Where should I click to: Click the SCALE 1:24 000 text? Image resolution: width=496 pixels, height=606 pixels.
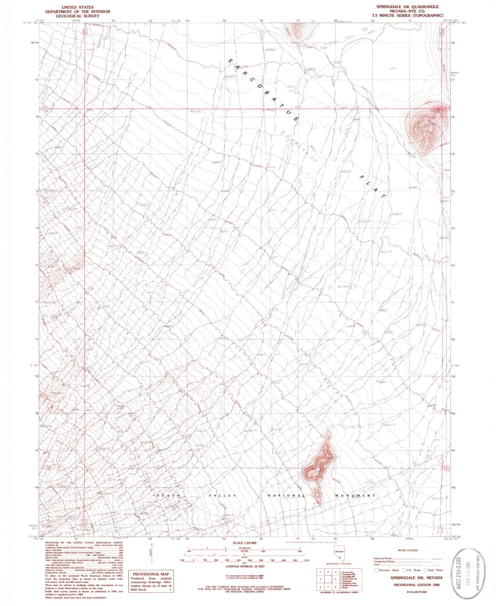(x=245, y=543)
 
